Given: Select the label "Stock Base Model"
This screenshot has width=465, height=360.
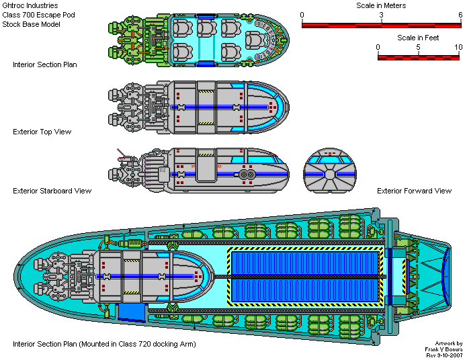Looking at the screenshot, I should tap(32, 24).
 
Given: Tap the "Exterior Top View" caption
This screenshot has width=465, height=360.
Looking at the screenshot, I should tap(42, 132).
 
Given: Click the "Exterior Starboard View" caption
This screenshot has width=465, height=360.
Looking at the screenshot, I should tap(52, 191).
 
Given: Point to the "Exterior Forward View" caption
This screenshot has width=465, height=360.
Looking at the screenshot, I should tap(414, 191).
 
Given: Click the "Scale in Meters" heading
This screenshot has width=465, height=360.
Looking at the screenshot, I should tap(380, 5).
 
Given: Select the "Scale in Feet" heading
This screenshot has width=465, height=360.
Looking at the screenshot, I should tap(418, 38).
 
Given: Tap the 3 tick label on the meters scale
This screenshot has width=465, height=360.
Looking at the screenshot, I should tap(382, 15).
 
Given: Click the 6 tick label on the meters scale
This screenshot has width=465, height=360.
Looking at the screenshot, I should tap(460, 15).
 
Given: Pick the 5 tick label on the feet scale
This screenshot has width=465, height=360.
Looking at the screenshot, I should tap(419, 47).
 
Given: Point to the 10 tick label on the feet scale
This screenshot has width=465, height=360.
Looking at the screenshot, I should tap(458, 47).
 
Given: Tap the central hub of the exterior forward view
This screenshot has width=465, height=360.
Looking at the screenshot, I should tap(329, 174).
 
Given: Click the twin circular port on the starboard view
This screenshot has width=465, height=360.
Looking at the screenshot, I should tap(246, 174).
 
